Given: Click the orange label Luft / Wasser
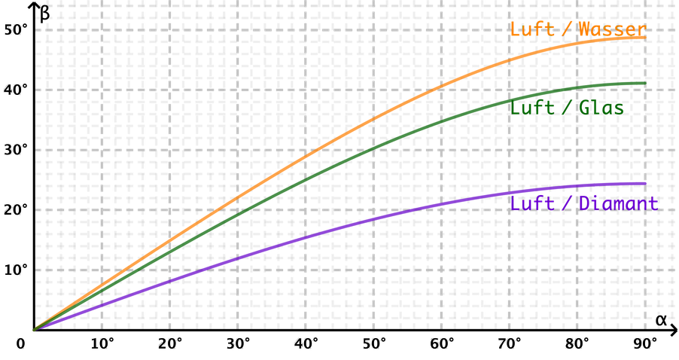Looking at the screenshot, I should [x=578, y=30].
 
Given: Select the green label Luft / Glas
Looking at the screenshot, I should [x=567, y=108].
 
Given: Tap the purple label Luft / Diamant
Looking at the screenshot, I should [x=584, y=203].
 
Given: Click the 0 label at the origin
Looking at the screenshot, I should [x=21, y=343].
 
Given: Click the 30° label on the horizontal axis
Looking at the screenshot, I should [x=239, y=343].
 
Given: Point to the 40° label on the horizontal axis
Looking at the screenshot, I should [x=306, y=343].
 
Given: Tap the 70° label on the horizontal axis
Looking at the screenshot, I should [x=510, y=343].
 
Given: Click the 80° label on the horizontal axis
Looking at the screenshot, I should [x=578, y=343].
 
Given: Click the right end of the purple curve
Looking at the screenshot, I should [x=647, y=183].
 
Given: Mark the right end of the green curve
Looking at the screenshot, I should [x=647, y=83].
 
